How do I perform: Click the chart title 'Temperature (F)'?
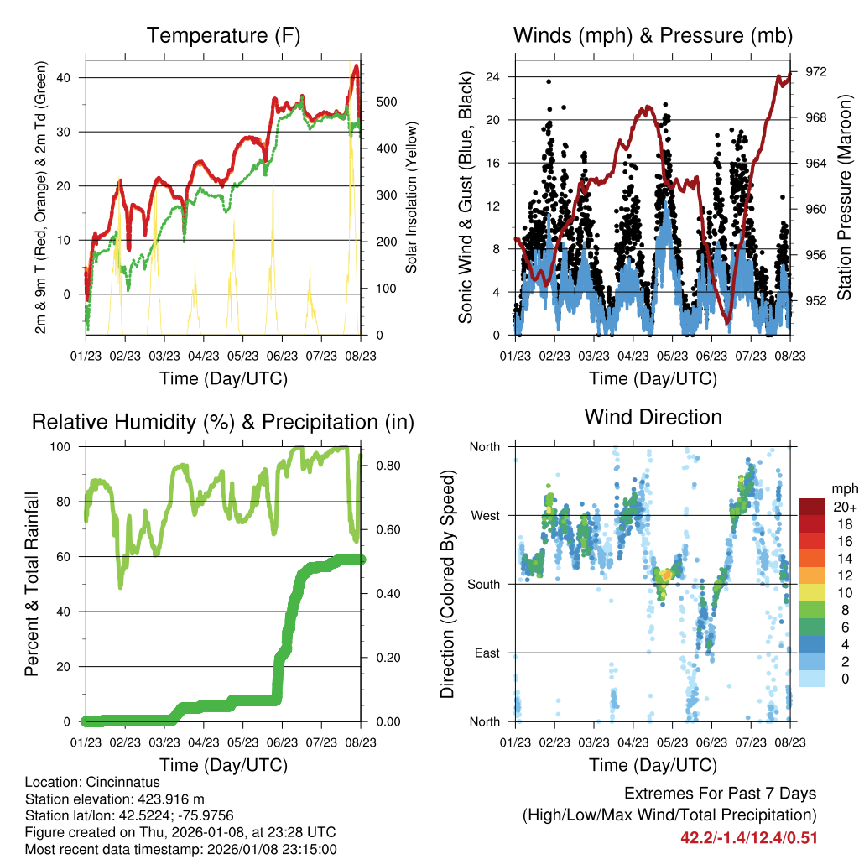pos(223,36)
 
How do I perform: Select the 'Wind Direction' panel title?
pos(653,417)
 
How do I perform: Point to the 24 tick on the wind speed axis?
pos(494,77)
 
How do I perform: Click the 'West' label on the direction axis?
pos(484,515)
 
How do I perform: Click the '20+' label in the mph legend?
pos(843,508)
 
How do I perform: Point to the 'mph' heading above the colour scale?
pos(844,488)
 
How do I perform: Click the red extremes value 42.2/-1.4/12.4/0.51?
pos(749,837)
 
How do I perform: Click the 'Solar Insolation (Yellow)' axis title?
pos(412,198)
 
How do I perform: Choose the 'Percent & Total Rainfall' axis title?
pos(32,584)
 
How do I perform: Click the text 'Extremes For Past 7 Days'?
pos(720,794)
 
